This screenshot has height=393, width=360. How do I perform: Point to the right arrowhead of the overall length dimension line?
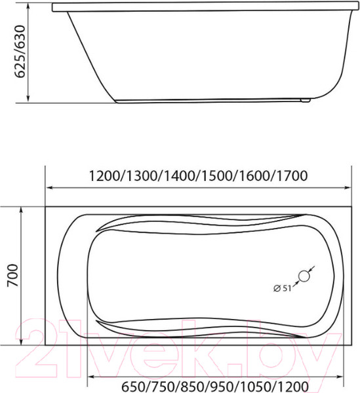350,188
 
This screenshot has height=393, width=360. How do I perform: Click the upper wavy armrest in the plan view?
197,226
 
